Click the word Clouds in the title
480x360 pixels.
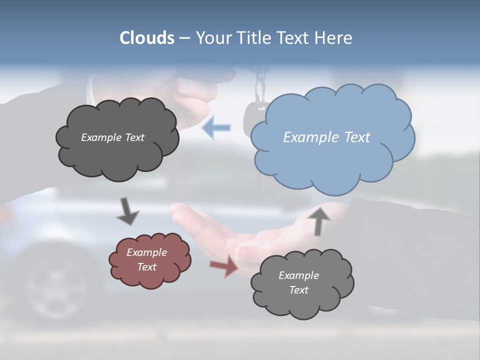click(x=147, y=38)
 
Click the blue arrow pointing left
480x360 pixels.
click(x=216, y=128)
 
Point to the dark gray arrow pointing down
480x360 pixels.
click(x=127, y=211)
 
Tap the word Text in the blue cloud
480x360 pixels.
click(x=357, y=137)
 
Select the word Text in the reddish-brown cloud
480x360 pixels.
click(x=146, y=267)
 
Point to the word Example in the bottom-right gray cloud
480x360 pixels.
click(x=298, y=275)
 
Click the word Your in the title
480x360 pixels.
click(x=210, y=38)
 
